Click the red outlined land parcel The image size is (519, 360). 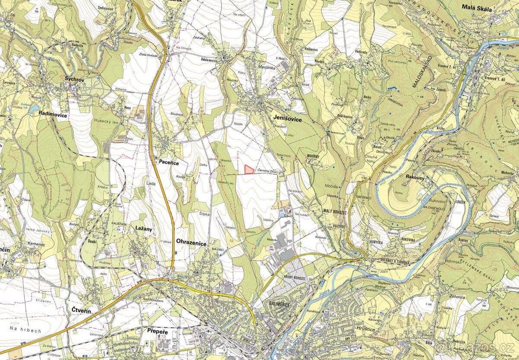(x=249, y=169)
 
